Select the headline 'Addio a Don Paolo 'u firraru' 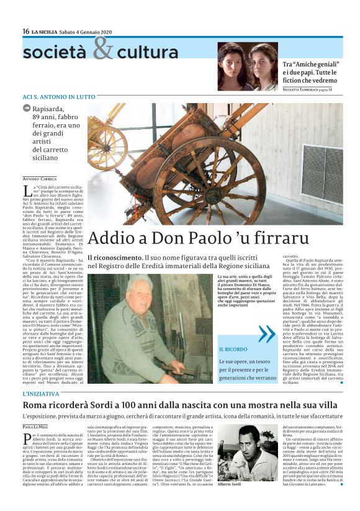(198, 238)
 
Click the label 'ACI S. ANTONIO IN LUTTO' (58, 97)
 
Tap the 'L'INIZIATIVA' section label (42, 394)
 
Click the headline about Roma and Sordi (181, 405)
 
